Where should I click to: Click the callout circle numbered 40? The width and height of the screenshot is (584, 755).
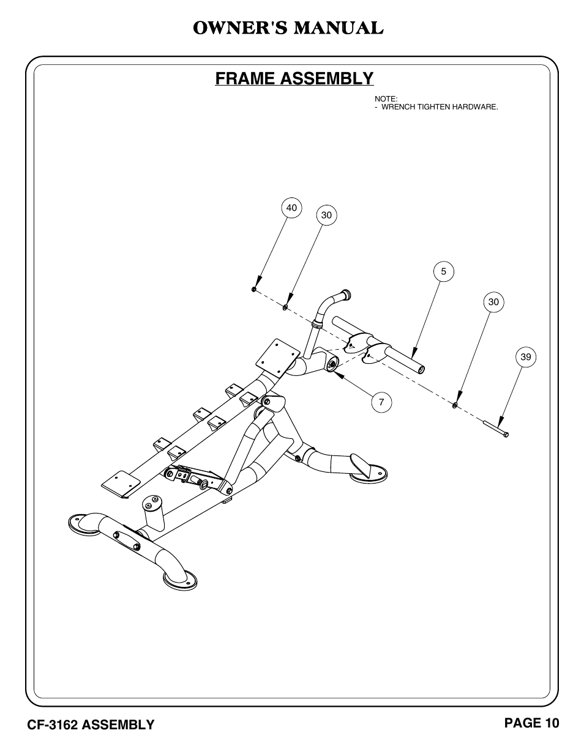click(291, 208)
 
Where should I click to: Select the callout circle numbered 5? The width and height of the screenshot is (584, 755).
click(443, 271)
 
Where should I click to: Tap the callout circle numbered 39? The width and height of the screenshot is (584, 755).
click(526, 357)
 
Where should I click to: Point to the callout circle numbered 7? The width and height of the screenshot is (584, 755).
click(381, 402)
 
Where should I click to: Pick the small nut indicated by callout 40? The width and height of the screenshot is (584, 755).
click(254, 289)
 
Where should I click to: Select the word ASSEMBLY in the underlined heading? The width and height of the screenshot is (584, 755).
click(327, 78)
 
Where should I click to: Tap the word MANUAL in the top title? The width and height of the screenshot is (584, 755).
click(339, 28)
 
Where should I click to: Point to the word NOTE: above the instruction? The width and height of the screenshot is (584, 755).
click(386, 99)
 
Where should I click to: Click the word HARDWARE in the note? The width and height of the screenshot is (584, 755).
click(475, 107)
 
